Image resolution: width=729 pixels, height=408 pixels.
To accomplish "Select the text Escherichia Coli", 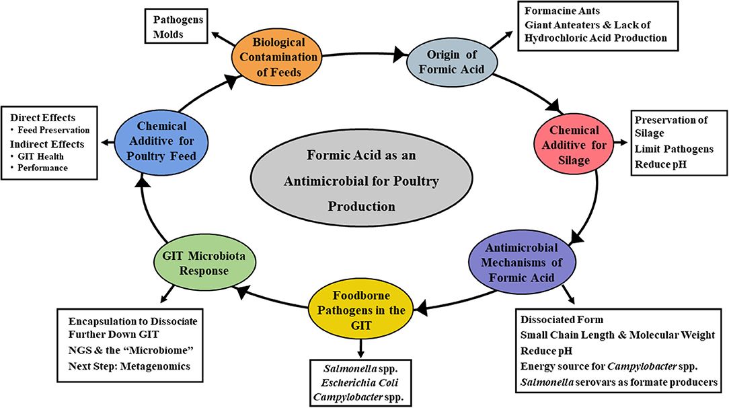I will point(358,384).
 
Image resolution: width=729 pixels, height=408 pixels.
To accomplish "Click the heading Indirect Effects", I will point(46,143).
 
